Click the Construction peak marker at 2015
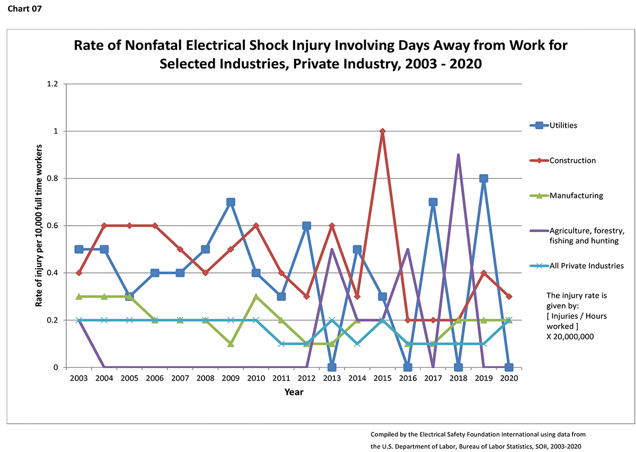382,131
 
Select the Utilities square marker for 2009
231,202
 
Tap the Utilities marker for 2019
483,179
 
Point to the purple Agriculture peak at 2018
458,155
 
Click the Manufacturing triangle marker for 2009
231,343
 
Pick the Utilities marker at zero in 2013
332,367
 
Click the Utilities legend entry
563,126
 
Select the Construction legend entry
572,161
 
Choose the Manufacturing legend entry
576,196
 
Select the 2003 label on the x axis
79,379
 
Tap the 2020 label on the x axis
508,379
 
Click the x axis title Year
294,393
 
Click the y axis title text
39,225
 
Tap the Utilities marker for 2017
433,202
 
